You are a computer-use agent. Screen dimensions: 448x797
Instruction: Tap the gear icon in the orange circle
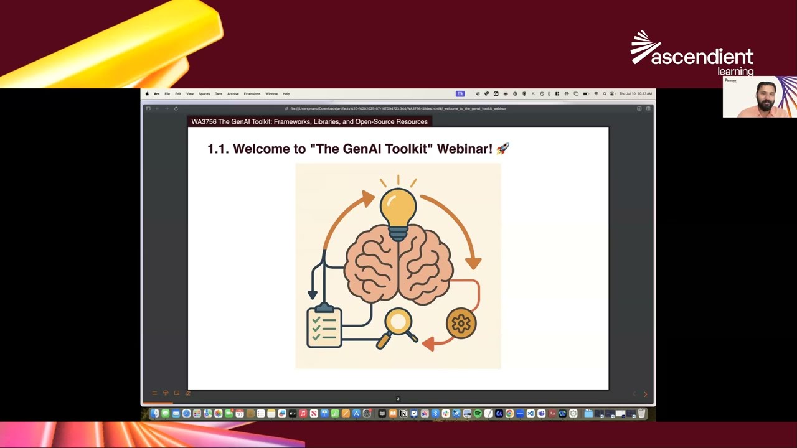pos(461,324)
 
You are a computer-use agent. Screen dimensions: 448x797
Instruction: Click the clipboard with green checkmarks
pos(324,327)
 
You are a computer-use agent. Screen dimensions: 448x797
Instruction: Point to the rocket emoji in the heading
pos(502,149)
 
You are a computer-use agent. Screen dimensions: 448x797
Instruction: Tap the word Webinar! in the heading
pos(465,149)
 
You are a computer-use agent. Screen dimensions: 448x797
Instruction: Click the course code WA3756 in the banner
pos(204,122)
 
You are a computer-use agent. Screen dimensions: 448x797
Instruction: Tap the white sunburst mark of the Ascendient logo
pos(644,47)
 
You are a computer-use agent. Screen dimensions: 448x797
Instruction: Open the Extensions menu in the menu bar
pos(252,94)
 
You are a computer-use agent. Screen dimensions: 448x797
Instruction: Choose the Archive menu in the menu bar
pos(233,94)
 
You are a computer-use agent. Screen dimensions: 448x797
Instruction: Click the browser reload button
pos(176,108)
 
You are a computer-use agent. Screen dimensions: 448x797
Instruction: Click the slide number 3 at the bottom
pos(398,399)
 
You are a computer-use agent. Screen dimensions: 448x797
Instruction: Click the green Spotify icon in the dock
pos(478,414)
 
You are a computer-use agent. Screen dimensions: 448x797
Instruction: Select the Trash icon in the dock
pos(641,414)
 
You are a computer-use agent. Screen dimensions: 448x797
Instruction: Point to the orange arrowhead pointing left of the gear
pos(428,343)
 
